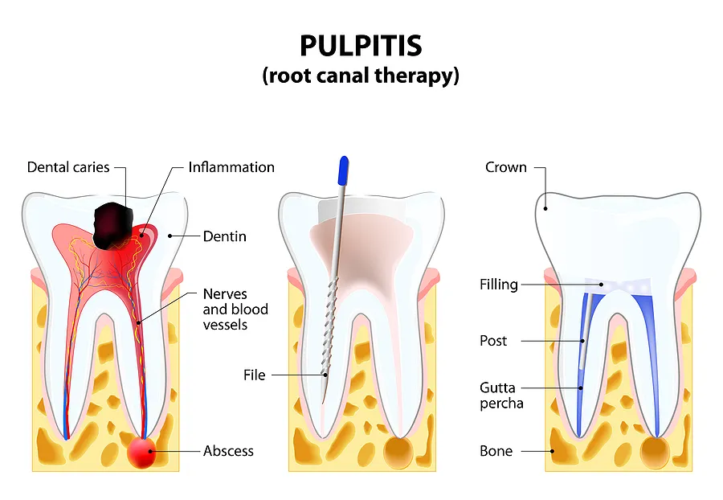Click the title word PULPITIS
click(x=361, y=46)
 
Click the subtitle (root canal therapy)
click(x=361, y=76)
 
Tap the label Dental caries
click(x=67, y=167)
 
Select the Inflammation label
click(x=231, y=167)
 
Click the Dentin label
click(x=224, y=236)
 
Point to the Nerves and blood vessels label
click(x=235, y=309)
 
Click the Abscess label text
click(x=228, y=451)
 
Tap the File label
click(x=255, y=375)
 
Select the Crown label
click(x=506, y=167)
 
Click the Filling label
click(x=498, y=285)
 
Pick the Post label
click(x=493, y=341)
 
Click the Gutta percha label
click(x=502, y=395)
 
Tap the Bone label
click(x=496, y=451)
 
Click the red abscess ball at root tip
click(x=143, y=452)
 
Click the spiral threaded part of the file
click(x=331, y=322)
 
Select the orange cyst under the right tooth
click(x=655, y=453)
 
